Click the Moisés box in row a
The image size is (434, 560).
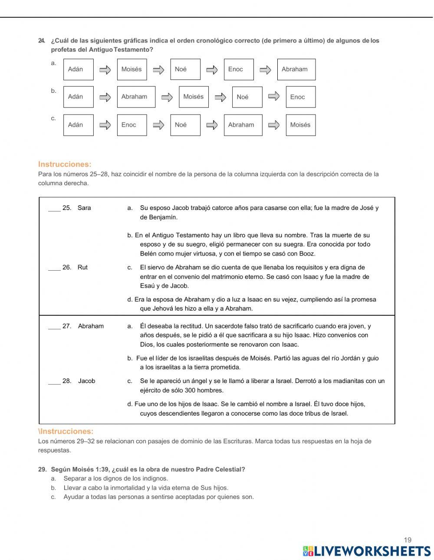tap(132, 69)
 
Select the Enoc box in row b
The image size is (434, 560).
tap(300, 97)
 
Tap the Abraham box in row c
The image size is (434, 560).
tap(243, 125)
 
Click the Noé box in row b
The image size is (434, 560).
tap(247, 97)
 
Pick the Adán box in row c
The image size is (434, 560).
tap(78, 125)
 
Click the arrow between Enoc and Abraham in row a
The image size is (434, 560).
tap(265, 69)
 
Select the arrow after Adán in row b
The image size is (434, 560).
tap(105, 97)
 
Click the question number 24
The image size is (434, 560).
tap(42, 41)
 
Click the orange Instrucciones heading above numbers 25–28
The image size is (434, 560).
tap(65, 164)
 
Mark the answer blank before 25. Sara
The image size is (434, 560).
tap(54, 209)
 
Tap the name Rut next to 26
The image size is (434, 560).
tap(82, 268)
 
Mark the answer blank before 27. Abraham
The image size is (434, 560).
tap(54, 327)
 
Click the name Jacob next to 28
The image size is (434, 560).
tap(86, 381)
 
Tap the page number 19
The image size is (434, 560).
tap(408, 540)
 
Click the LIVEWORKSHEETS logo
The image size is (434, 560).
tap(367, 551)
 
